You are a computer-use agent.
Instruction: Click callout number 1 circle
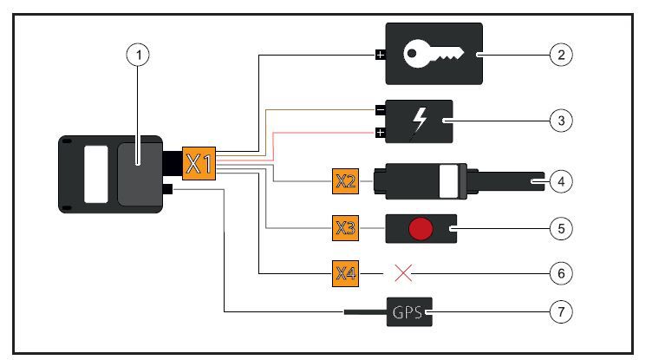pos(137,56)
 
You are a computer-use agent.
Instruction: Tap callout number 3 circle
pos(562,120)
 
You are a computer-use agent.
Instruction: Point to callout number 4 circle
pos(562,182)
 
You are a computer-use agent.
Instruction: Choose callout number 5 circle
pos(562,229)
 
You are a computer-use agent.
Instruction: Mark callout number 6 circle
pos(562,273)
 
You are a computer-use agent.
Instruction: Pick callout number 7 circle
pos(562,311)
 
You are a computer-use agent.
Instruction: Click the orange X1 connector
pos(199,162)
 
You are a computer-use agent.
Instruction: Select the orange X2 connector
pos(346,182)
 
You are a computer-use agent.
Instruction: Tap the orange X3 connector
pos(346,229)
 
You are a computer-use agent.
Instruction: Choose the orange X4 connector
pos(346,273)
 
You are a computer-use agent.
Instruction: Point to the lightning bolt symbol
pos(421,120)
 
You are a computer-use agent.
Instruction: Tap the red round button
pos(420,229)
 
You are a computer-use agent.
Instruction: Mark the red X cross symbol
pos(402,273)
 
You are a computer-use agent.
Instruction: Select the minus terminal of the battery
pos(380,111)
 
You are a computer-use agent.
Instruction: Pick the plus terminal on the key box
pos(379,56)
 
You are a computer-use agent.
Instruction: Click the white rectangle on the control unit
pos(95,174)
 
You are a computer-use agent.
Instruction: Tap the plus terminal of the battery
pos(380,133)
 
